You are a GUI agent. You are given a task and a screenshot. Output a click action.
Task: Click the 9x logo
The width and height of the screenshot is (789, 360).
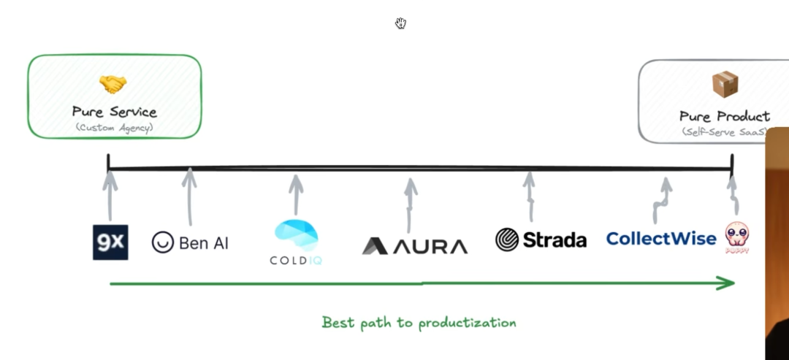[110, 242]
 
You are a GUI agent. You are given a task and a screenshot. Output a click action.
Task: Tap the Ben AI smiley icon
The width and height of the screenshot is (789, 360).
[161, 242]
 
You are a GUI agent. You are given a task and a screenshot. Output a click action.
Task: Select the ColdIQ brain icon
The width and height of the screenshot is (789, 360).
[296, 235]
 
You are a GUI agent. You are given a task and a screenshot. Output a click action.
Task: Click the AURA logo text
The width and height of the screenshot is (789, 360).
[430, 246]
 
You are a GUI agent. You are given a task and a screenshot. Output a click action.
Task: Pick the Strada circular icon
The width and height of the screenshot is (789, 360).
[506, 240]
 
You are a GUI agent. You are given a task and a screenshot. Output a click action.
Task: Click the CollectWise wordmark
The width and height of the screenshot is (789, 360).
[660, 239]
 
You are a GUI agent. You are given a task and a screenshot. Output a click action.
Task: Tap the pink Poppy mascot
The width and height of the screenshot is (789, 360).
[737, 236]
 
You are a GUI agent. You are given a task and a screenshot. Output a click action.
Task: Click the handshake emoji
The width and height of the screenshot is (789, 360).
[113, 85]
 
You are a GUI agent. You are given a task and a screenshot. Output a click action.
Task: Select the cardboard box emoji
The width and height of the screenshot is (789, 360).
[724, 85]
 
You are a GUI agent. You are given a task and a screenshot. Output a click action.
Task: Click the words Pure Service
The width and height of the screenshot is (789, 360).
[114, 112]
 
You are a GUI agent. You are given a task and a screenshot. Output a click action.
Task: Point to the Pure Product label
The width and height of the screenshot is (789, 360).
[724, 116]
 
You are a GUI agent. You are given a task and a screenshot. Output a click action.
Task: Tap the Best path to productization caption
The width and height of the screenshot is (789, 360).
[419, 323]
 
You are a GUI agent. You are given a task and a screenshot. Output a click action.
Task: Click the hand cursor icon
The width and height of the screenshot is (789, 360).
[400, 23]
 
